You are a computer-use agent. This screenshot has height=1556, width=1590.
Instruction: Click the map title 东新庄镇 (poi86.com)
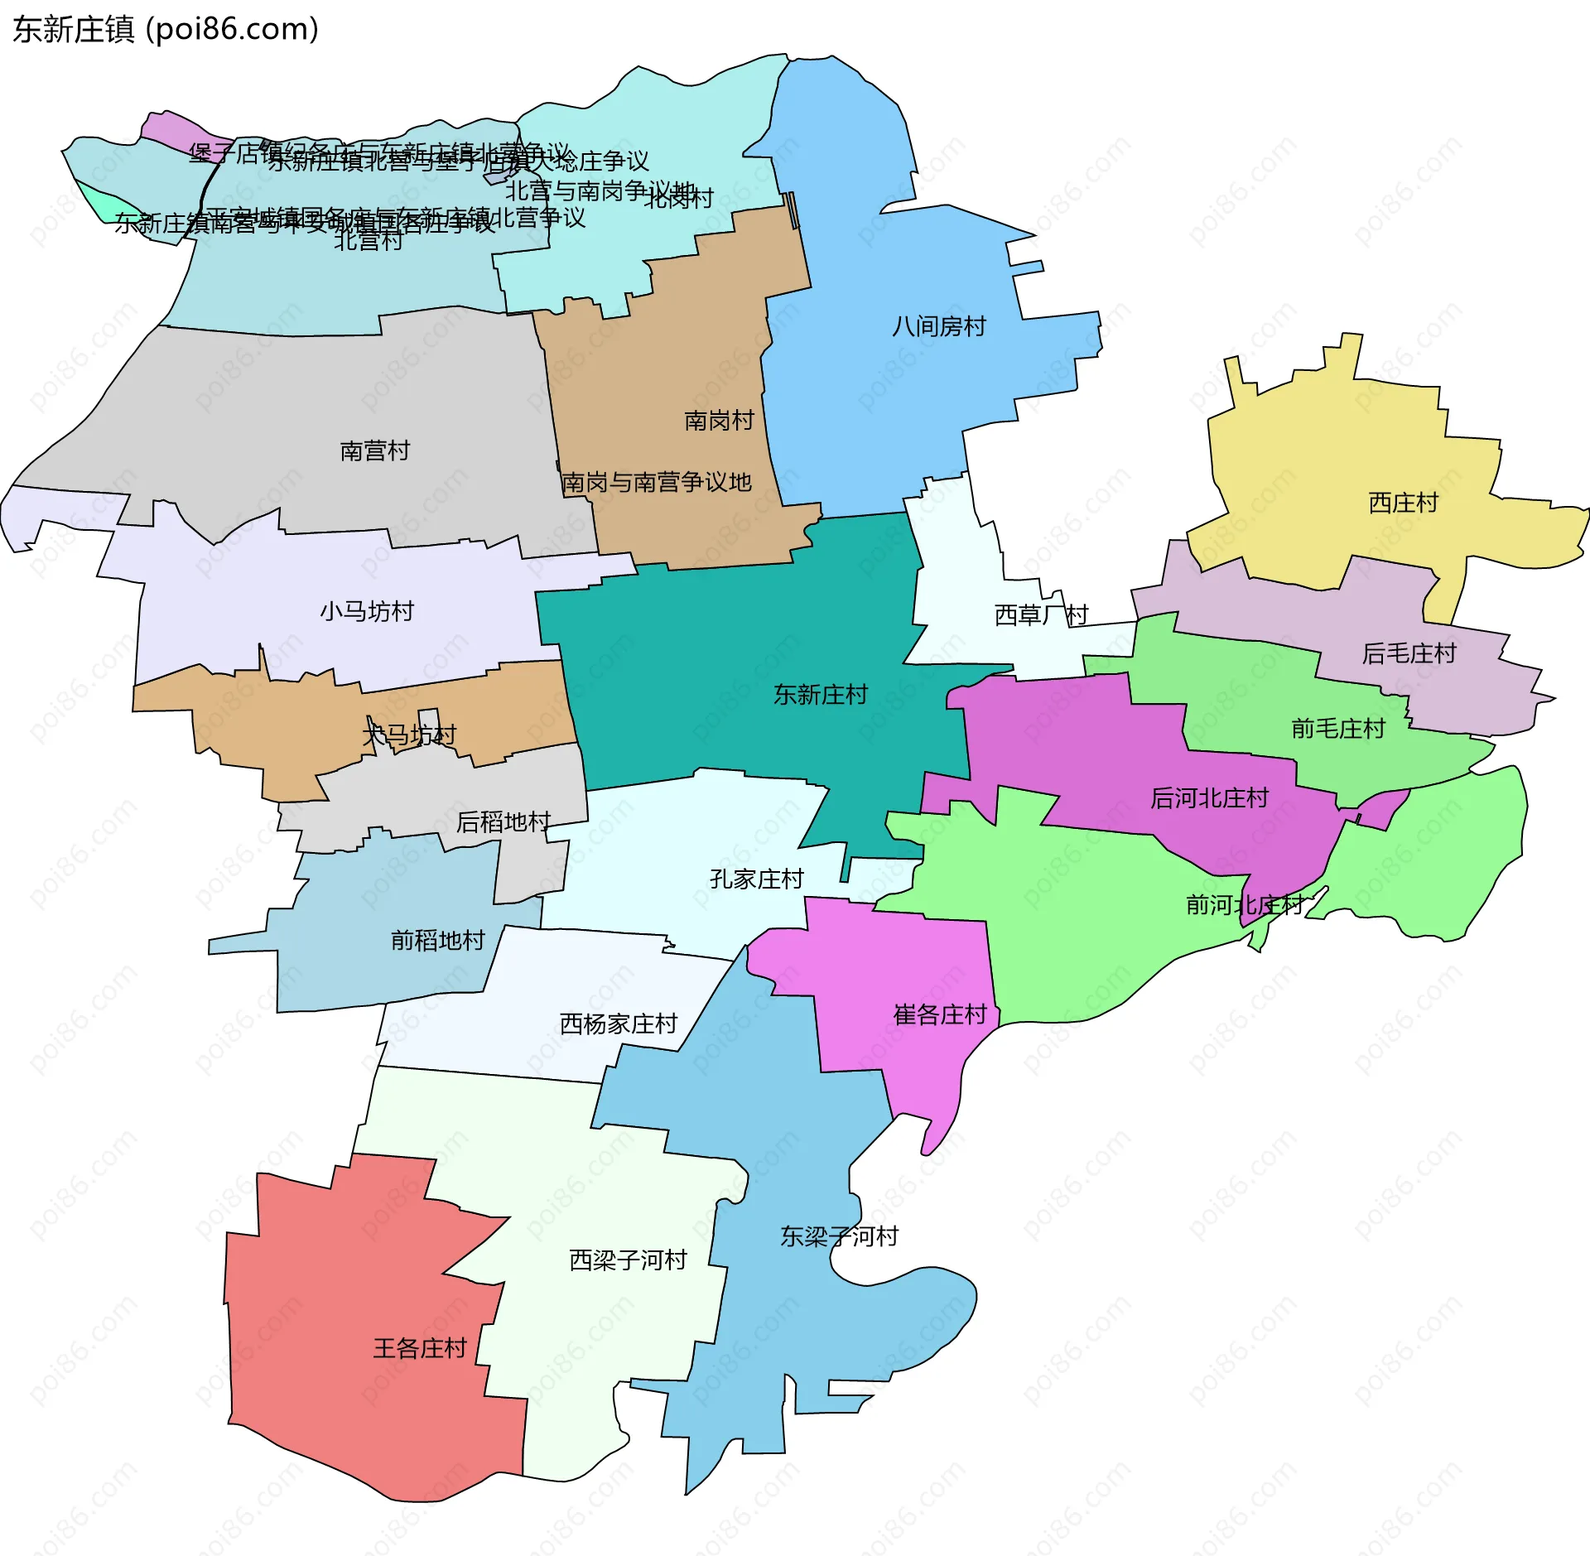pos(166,30)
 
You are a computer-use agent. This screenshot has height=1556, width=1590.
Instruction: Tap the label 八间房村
pos(939,326)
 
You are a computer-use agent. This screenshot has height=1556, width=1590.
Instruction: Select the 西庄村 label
pos(1403,503)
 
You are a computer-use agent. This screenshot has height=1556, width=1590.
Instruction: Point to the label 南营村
pos(375,450)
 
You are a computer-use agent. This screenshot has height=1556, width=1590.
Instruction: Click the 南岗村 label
pos(719,421)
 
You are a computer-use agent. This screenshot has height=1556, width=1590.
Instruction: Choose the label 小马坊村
pos(367,611)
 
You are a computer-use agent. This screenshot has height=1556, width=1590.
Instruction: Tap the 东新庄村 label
pos(820,694)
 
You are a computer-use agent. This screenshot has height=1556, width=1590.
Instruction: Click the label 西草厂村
pos(1040,614)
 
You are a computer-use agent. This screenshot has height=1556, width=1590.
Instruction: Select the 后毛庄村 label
pos(1409,653)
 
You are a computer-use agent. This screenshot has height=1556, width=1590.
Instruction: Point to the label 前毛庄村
pos(1338,729)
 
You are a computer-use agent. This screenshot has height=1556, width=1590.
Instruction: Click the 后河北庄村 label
pos(1209,798)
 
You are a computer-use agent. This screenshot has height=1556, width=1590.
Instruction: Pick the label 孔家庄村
pos(756,879)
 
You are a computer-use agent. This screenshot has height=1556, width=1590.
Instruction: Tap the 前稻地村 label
pos(437,941)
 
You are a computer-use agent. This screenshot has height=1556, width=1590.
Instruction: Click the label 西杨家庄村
pos(619,1024)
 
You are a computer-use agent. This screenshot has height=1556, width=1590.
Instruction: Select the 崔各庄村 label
pos(940,1014)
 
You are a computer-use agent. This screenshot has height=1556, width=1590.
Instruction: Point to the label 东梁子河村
pos(839,1236)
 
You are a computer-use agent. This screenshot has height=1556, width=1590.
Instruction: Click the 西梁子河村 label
pos(628,1260)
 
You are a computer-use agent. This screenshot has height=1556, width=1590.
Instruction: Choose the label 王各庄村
pos(420,1348)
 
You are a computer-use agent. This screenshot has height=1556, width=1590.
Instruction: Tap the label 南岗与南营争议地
pos(657,482)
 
